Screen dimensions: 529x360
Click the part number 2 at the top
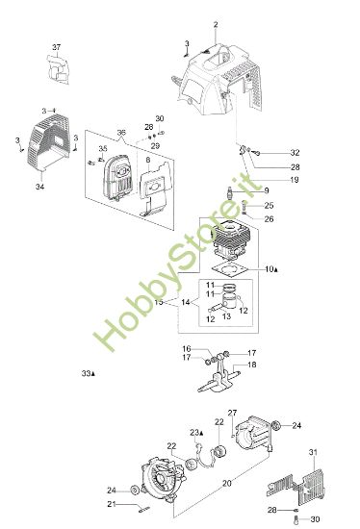click(x=216, y=23)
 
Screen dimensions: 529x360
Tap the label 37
click(x=56, y=47)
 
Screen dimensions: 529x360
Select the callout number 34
click(x=40, y=187)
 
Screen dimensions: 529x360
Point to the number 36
click(x=121, y=132)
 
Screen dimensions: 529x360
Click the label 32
click(x=295, y=153)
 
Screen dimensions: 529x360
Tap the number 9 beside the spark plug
click(x=266, y=191)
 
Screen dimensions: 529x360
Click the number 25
click(x=269, y=206)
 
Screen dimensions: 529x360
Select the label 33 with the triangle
click(x=90, y=373)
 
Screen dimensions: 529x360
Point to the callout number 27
click(x=232, y=414)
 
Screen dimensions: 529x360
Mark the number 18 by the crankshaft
click(x=251, y=365)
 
